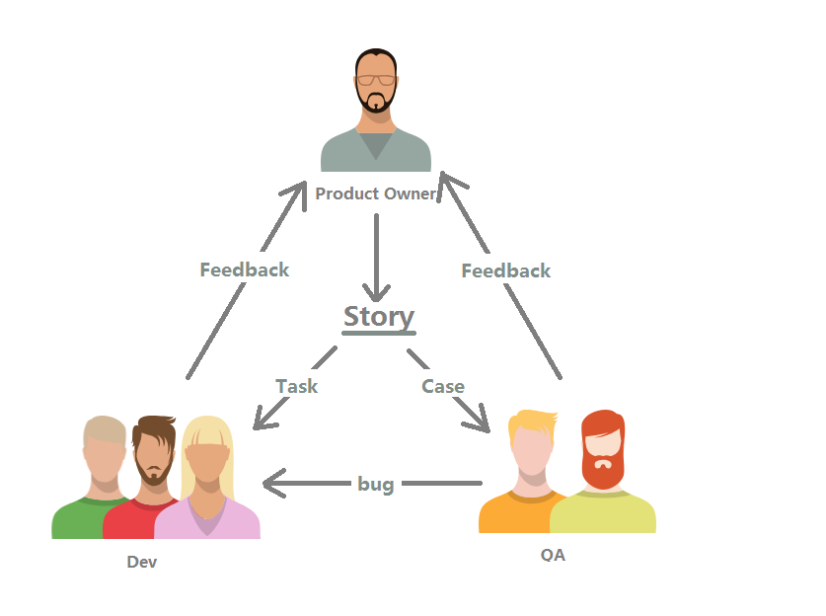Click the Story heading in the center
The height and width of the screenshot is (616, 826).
pyautogui.click(x=379, y=318)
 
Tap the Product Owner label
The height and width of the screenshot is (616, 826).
pyautogui.click(x=376, y=193)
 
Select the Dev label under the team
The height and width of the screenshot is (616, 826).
pyautogui.click(x=142, y=562)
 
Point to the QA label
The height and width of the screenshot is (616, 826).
pyautogui.click(x=553, y=555)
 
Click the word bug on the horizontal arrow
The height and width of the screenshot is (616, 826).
pyautogui.click(x=376, y=484)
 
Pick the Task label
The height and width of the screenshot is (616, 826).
pyautogui.click(x=297, y=386)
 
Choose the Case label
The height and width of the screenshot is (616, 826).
pyautogui.click(x=443, y=386)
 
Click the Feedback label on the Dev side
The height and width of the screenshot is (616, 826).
pyautogui.click(x=245, y=269)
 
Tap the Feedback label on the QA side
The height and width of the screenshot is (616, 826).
pyautogui.click(x=505, y=270)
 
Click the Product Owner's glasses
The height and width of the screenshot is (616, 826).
pyautogui.click(x=376, y=80)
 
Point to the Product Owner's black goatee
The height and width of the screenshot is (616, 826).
pyautogui.click(x=376, y=103)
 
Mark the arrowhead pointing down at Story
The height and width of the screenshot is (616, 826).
pyautogui.click(x=376, y=293)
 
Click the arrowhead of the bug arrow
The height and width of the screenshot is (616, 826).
pyautogui.click(x=274, y=483)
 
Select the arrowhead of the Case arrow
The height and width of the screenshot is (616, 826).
pyautogui.click(x=480, y=422)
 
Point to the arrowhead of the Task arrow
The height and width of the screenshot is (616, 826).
pyautogui.click(x=264, y=419)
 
